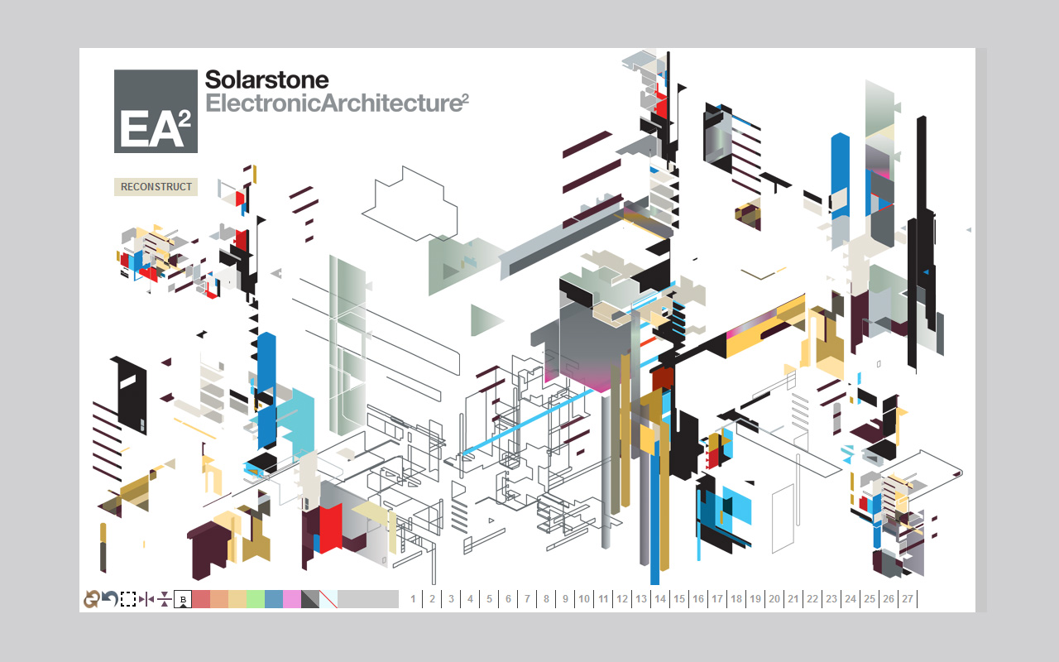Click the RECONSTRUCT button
[156, 187]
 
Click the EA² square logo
[156, 111]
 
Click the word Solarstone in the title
[266, 79]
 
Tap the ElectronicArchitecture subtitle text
[337, 103]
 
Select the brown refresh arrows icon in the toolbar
[91, 599]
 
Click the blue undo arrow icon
[110, 599]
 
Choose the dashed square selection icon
[128, 599]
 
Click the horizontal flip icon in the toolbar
[146, 599]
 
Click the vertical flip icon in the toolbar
[165, 599]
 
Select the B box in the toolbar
[183, 599]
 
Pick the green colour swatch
[256, 599]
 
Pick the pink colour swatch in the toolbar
[292, 599]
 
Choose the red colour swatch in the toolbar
[201, 599]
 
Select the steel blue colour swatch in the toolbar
[274, 599]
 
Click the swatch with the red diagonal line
[328, 599]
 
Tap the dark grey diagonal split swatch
[310, 599]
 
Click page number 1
[413, 599]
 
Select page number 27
[908, 599]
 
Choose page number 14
[660, 599]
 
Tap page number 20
[774, 599]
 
